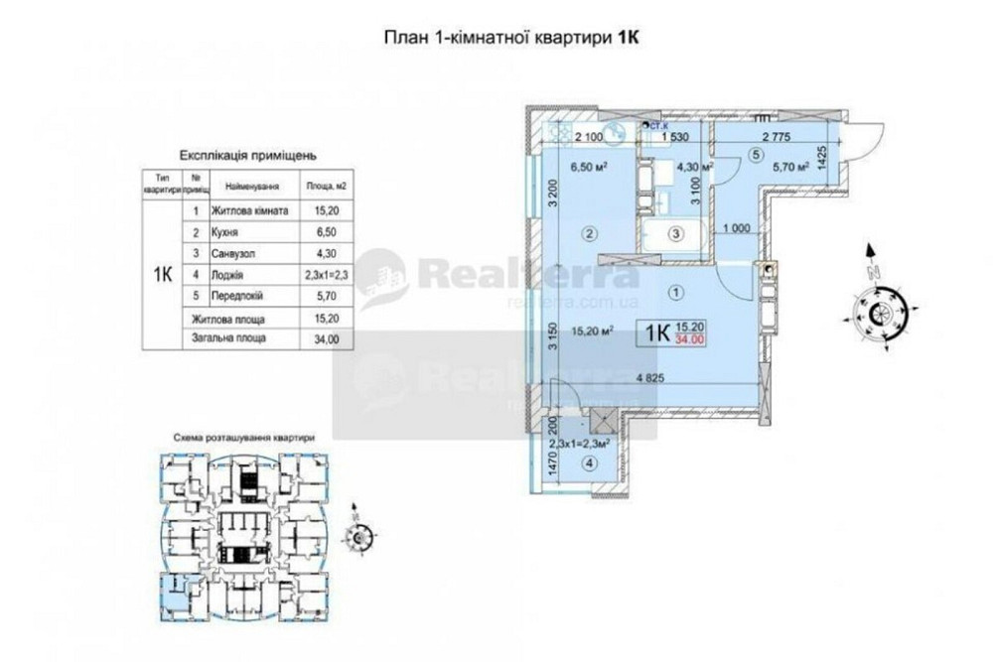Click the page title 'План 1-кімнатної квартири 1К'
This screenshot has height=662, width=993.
pos(509,38)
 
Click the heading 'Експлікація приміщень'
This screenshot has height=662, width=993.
pos(247,156)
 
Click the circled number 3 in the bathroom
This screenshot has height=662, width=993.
pos(674,235)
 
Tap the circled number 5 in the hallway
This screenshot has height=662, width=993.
pos(756,154)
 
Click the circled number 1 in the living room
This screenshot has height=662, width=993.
pos(677,293)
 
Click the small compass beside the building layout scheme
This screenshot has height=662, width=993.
pos(356,535)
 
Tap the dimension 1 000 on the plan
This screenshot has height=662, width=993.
pos(736,228)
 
